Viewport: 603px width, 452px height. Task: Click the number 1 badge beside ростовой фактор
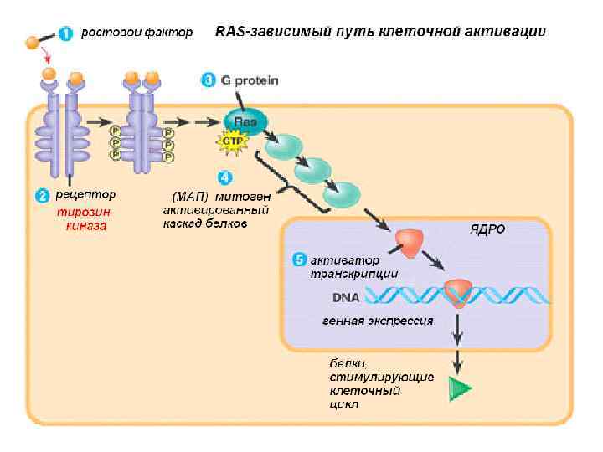66,33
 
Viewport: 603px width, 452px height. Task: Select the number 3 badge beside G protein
209,80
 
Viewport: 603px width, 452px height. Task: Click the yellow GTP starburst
232,141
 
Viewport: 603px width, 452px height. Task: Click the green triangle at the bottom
459,388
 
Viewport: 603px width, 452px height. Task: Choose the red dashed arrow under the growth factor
49,59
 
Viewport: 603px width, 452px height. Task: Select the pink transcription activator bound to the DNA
459,291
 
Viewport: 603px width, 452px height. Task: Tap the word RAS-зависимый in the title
260,33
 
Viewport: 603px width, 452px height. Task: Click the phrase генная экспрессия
378,320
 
